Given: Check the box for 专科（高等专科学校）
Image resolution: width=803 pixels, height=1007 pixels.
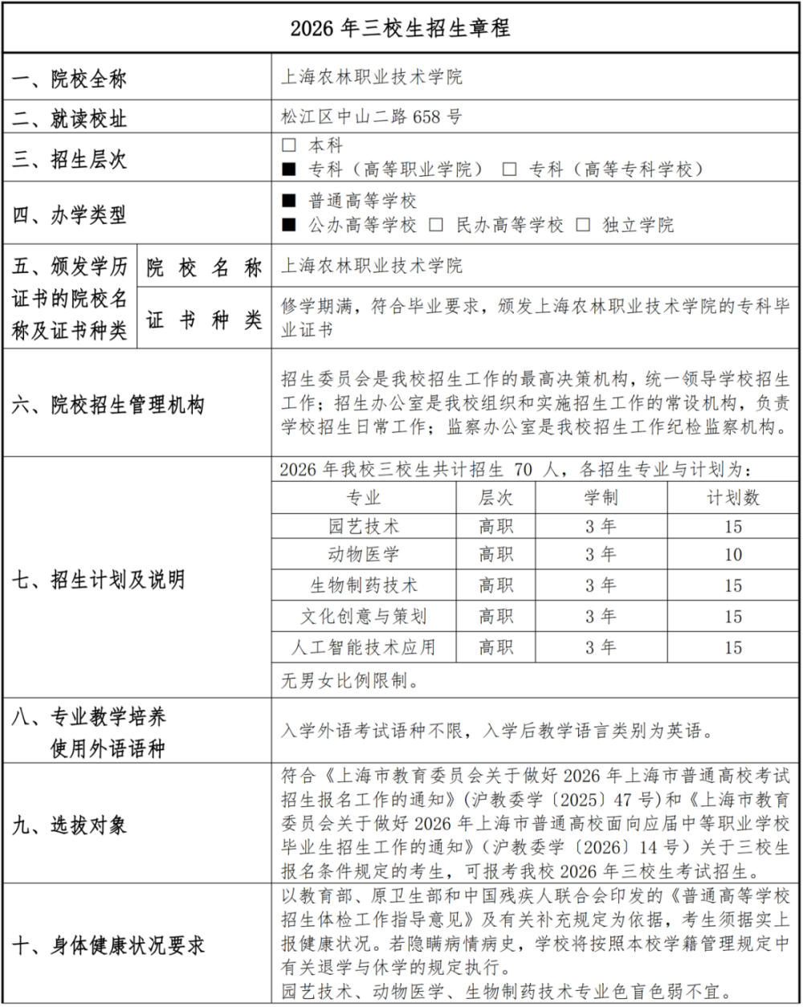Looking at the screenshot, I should click(509, 169).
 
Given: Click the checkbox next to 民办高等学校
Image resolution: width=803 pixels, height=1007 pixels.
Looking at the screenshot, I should click(436, 226).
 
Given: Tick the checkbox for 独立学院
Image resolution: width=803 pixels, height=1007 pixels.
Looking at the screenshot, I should click(583, 226).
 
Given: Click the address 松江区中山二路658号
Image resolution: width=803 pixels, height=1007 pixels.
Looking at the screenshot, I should click(371, 117).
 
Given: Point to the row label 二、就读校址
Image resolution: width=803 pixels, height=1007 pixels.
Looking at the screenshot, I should click(69, 120).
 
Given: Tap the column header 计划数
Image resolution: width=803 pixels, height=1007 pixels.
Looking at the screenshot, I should click(733, 498).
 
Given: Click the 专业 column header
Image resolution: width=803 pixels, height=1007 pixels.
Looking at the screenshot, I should click(364, 498).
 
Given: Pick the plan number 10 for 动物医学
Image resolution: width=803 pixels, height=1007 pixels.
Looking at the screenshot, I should click(733, 555).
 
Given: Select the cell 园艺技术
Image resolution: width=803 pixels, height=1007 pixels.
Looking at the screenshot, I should click(364, 527).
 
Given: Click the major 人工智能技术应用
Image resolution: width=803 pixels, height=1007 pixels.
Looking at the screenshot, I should click(364, 647).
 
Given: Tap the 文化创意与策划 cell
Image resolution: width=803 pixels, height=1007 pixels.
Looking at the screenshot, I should click(364, 617).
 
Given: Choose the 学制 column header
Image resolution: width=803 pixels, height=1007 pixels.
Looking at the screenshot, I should click(601, 498).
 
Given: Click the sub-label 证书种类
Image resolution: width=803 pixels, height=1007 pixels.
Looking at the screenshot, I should click(204, 320).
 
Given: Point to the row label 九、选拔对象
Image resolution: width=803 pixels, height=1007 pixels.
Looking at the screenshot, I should click(69, 825).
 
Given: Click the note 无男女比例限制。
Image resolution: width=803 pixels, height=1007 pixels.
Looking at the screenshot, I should click(350, 683).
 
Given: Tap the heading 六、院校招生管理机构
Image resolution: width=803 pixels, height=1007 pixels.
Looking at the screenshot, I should click(108, 405).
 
